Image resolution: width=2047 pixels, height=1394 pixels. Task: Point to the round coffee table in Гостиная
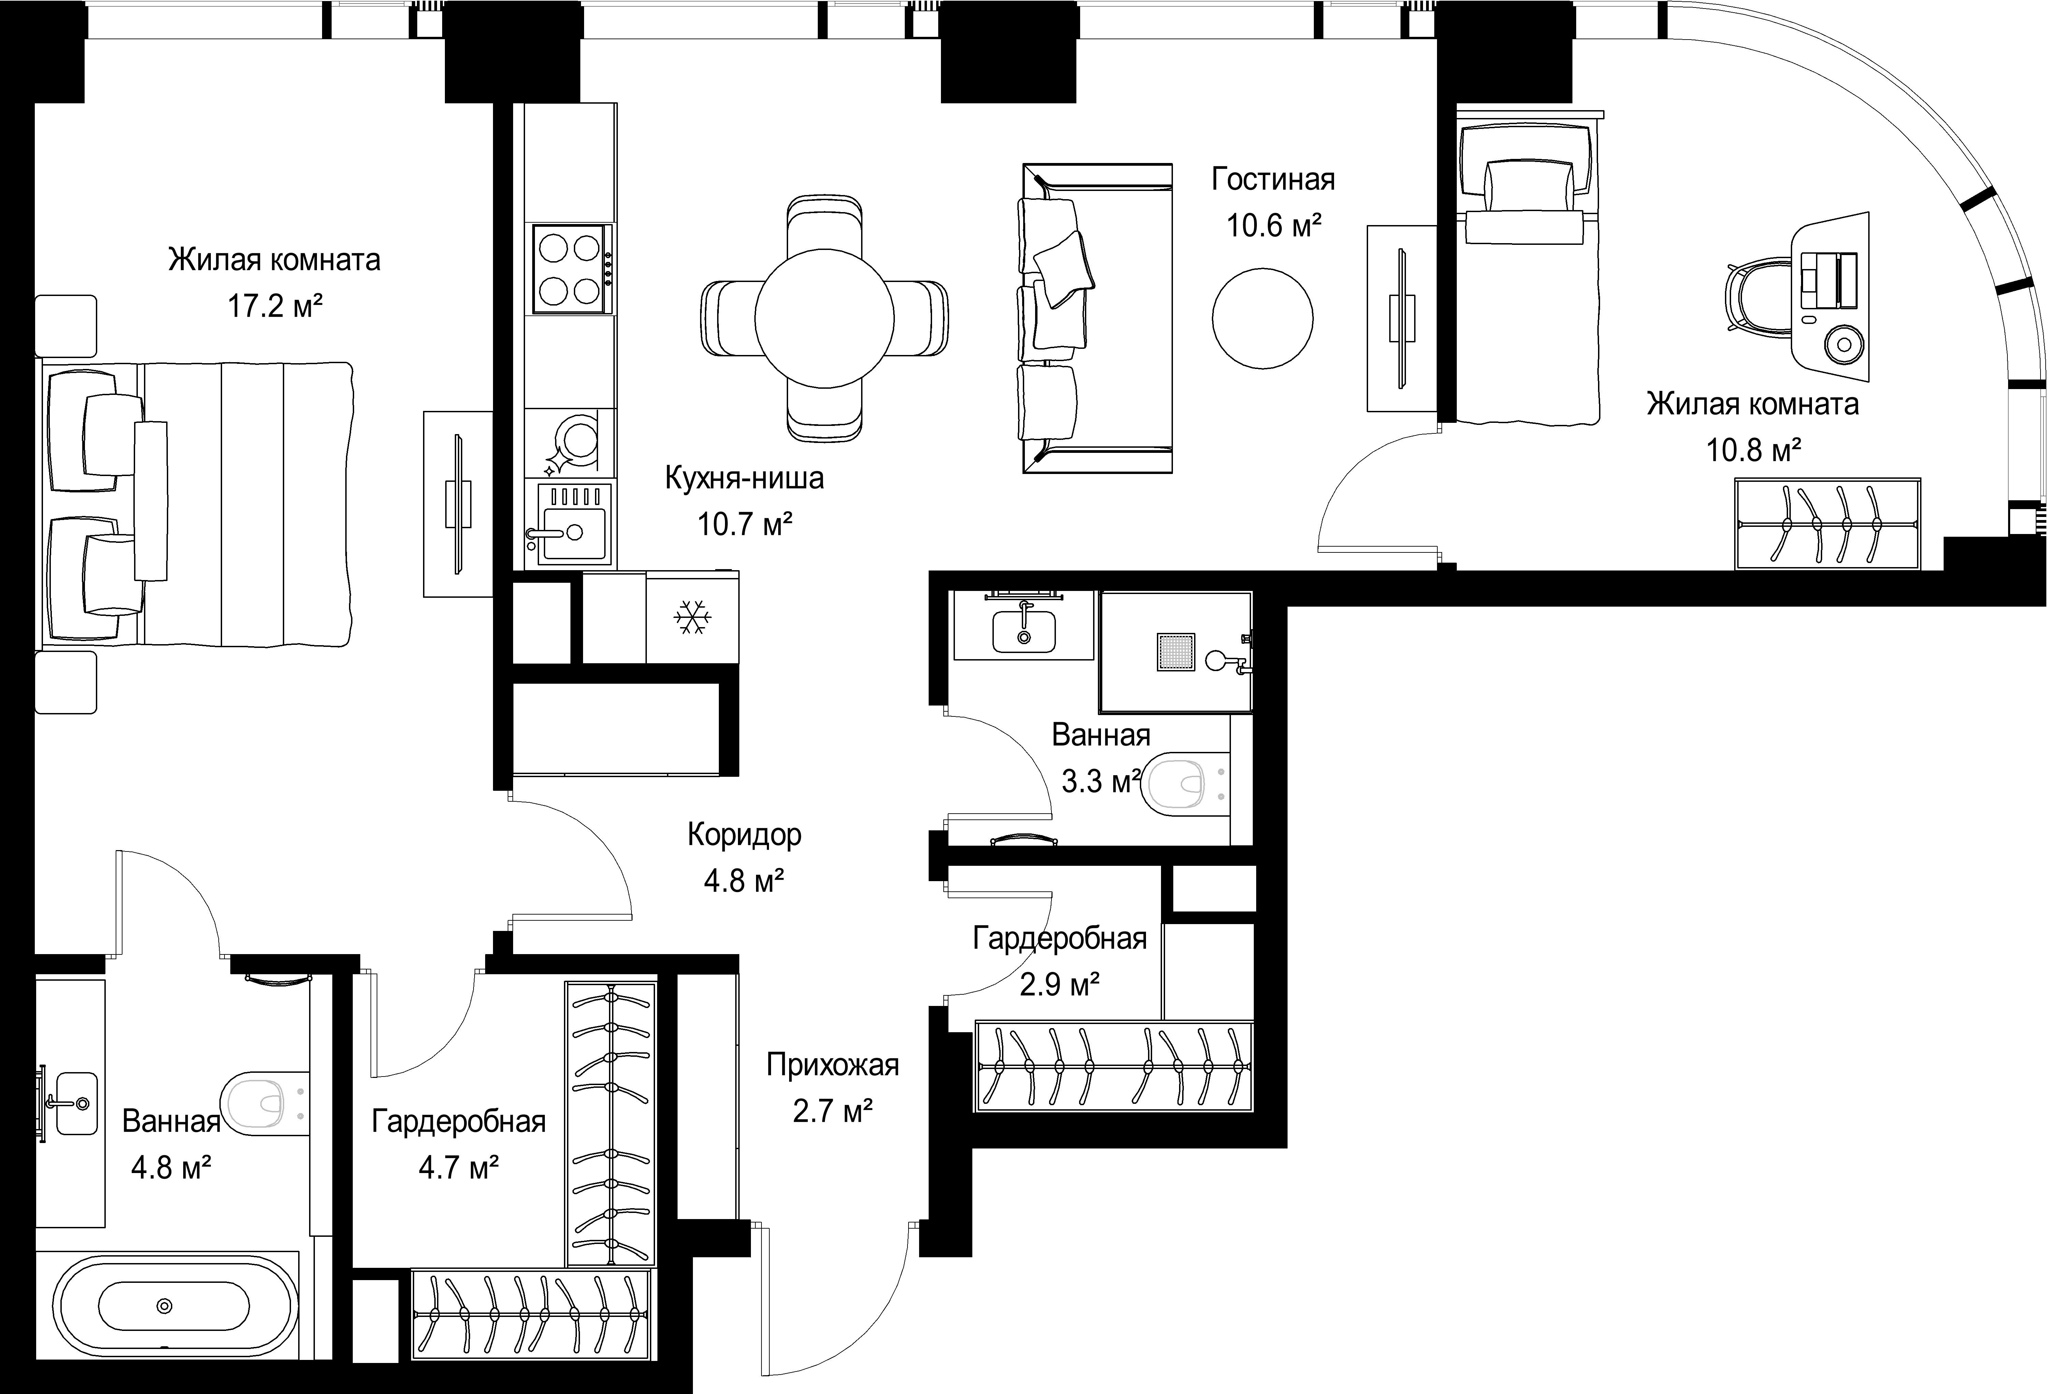1262,319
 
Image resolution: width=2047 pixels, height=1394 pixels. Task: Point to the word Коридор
744,835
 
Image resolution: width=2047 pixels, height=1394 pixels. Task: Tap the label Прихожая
832,1066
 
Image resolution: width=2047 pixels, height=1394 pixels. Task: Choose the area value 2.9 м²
1060,984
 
